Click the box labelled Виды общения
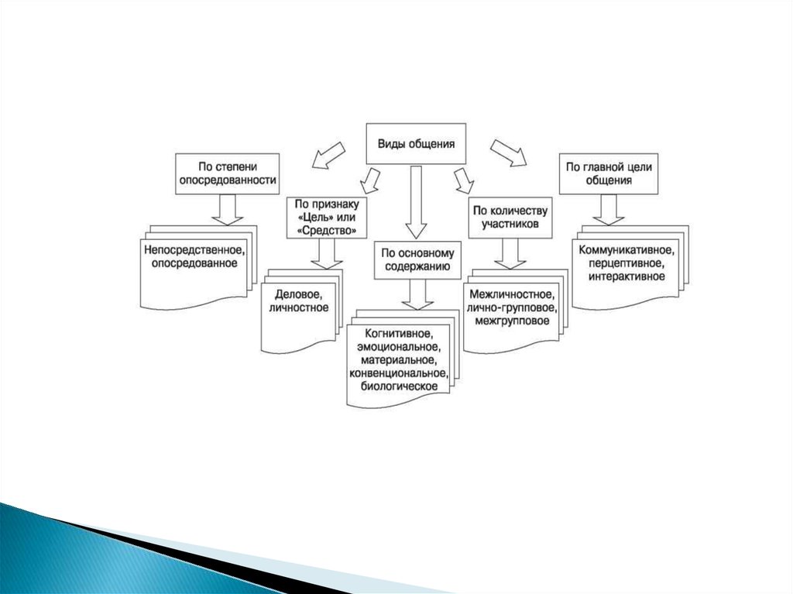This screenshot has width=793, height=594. (416, 144)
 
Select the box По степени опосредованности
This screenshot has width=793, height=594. (228, 173)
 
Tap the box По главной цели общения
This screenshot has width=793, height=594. (608, 173)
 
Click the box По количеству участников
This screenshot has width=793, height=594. (510, 217)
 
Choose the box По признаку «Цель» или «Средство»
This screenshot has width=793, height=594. (325, 217)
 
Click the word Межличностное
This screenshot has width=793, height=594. (510, 295)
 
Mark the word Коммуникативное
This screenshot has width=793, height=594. (626, 250)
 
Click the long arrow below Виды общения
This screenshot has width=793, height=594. (416, 201)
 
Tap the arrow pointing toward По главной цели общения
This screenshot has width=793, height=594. (508, 153)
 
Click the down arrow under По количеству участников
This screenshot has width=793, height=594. (509, 252)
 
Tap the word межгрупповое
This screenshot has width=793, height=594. (510, 321)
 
